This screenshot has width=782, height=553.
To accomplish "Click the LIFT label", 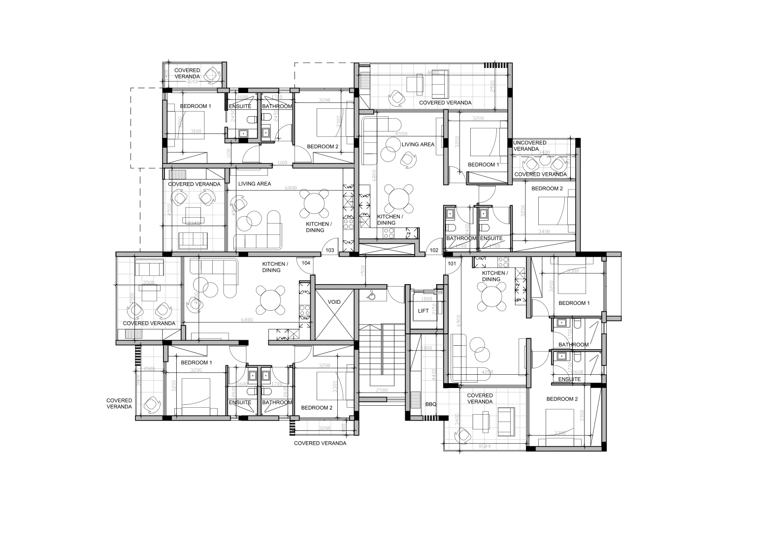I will [x=423, y=311].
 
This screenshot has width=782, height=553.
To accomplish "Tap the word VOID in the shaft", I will [x=334, y=302].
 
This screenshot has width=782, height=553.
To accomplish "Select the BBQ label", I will [x=430, y=404].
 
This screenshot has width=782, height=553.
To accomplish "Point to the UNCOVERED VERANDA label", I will [x=529, y=146].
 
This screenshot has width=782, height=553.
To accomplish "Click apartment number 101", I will [x=452, y=263].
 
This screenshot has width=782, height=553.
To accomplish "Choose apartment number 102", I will [x=434, y=250].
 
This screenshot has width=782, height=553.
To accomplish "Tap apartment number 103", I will [x=330, y=250].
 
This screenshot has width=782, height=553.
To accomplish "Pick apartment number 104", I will [x=306, y=263].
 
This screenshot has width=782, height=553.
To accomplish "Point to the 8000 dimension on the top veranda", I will [x=433, y=73].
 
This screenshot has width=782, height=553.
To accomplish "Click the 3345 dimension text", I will [x=195, y=224].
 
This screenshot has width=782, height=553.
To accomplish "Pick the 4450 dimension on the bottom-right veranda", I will [x=485, y=446].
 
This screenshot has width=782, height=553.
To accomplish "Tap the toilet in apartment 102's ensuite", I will [x=485, y=228].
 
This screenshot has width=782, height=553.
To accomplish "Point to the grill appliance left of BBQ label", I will [x=416, y=397].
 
